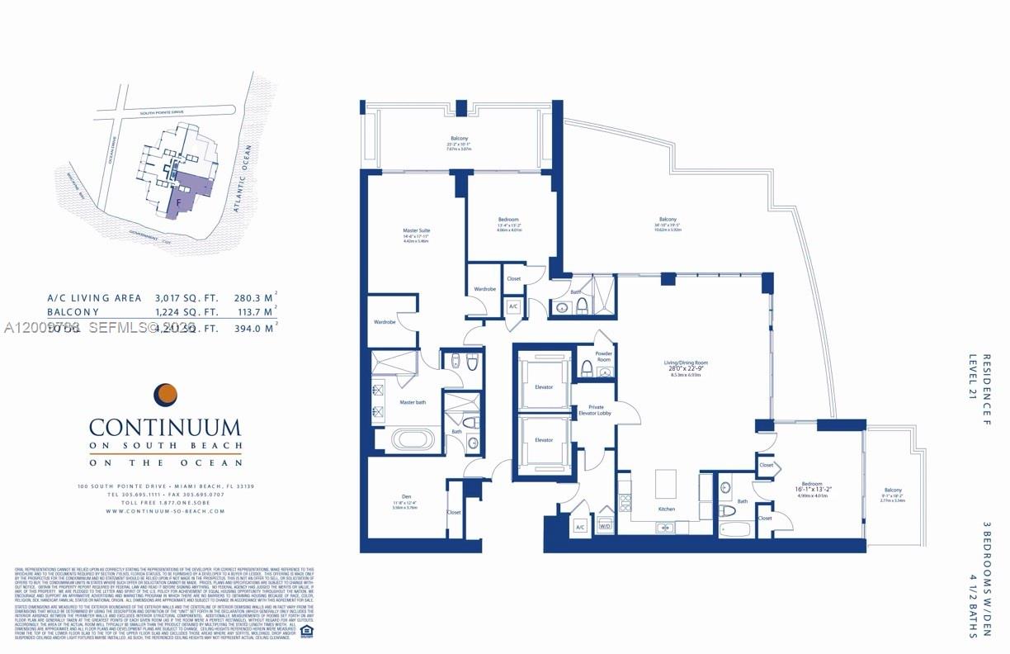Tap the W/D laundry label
click(605, 526)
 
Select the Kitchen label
click(667, 509)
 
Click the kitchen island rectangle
click(667, 483)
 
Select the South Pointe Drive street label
click(163, 112)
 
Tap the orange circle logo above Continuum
click(166, 394)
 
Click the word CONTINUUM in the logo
click(165, 428)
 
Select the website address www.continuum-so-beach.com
click(165, 511)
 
